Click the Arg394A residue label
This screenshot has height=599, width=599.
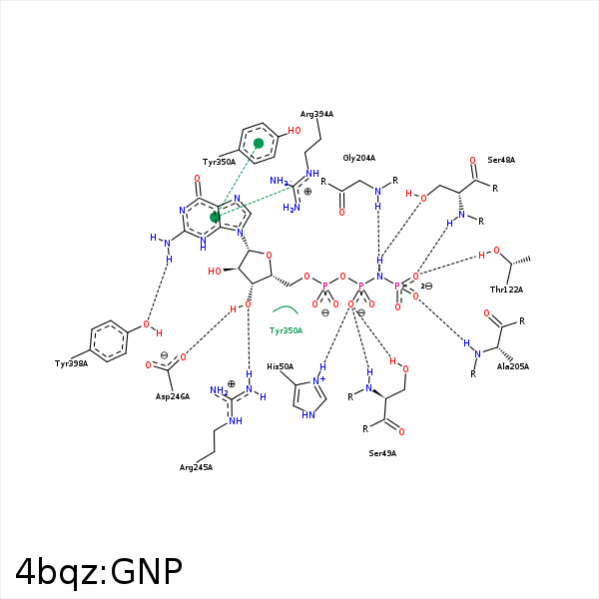click(316, 114)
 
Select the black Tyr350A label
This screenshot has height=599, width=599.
click(220, 162)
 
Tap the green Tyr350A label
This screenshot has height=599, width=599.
click(286, 330)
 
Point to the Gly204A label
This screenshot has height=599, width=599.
click(359, 158)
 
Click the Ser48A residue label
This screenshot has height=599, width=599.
click(501, 160)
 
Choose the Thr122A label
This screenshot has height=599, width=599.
click(506, 290)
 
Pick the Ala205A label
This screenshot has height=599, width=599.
click(513, 366)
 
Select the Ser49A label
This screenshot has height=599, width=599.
click(382, 453)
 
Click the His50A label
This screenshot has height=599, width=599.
click(280, 366)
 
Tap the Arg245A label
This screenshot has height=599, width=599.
click(196, 467)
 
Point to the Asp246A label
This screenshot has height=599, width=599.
click(173, 396)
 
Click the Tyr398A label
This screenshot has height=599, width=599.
click(71, 363)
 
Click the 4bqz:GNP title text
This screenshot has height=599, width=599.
click(99, 571)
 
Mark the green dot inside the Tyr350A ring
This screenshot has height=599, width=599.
click(259, 143)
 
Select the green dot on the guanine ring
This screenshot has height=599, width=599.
click(215, 218)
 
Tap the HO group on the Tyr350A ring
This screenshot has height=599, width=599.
click(295, 131)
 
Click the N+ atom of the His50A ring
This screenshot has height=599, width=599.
click(318, 380)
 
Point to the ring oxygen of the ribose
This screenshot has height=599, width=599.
click(269, 256)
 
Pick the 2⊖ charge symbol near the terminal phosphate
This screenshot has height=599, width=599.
click(426, 286)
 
